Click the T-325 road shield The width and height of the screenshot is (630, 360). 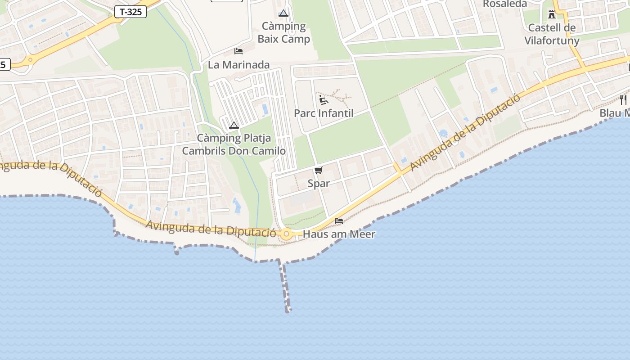pyautogui.click(x=131, y=12)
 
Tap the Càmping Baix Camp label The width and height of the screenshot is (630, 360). pyautogui.click(x=283, y=32)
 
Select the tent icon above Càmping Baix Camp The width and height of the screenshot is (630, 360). pyautogui.click(x=283, y=13)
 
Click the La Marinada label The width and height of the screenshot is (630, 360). pyautogui.click(x=238, y=65)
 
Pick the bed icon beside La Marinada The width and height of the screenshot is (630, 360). pyautogui.click(x=238, y=51)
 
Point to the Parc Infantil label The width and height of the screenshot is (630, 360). pyautogui.click(x=324, y=113)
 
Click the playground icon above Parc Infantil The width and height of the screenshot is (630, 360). pyautogui.click(x=323, y=99)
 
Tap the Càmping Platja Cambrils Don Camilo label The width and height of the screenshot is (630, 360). pyautogui.click(x=234, y=144)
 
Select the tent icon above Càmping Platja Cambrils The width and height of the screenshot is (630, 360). pyautogui.click(x=234, y=125)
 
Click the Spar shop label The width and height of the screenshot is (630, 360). pyautogui.click(x=319, y=183)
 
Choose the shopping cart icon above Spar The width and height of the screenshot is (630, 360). pyautogui.click(x=319, y=170)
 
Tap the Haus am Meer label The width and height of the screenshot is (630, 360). pyautogui.click(x=339, y=234)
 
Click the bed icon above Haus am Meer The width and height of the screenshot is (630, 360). pyautogui.click(x=339, y=220)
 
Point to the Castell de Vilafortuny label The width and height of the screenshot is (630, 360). pyautogui.click(x=552, y=34)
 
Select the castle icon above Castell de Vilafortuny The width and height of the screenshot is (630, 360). pyautogui.click(x=552, y=14)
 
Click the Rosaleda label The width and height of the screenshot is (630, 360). pyautogui.click(x=504, y=4)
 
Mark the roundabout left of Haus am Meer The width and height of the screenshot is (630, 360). pyautogui.click(x=286, y=234)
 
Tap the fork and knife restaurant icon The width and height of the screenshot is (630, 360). pyautogui.click(x=623, y=99)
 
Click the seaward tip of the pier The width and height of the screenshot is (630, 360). pyautogui.click(x=288, y=310)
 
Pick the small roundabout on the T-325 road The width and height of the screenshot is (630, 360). pyautogui.click(x=30, y=59)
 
